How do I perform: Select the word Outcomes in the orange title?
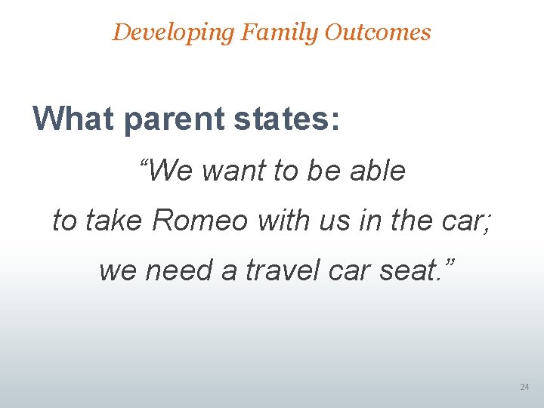[x=379, y=32]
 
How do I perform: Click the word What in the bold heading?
[x=73, y=119]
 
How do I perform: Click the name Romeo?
[x=199, y=221]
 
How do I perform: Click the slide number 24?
[x=524, y=388]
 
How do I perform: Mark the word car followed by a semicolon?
[x=468, y=221]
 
